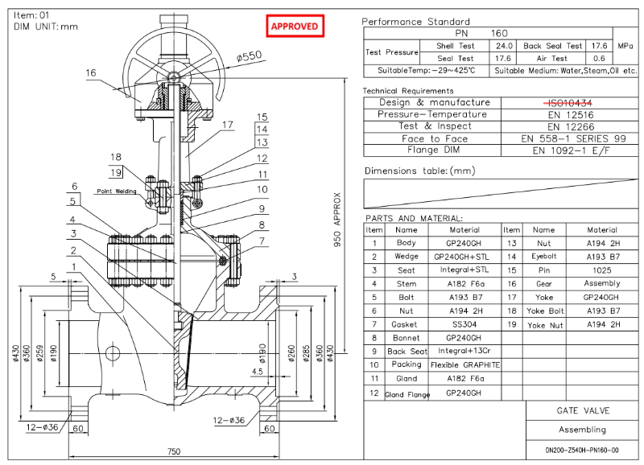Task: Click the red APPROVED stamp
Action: point(295,27)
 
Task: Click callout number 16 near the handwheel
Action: point(90,73)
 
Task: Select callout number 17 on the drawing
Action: point(228,125)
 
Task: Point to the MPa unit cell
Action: point(625,46)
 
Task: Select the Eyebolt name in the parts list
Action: point(544,256)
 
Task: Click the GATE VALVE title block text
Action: point(582,410)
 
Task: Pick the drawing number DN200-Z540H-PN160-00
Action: point(582,451)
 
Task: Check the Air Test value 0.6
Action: point(599,58)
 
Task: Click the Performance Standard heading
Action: point(415,22)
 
